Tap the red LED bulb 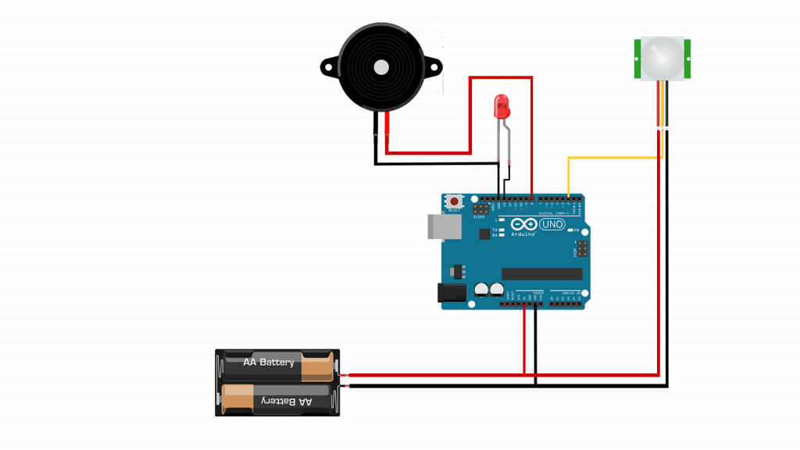click(x=502, y=105)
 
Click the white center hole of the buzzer click(x=380, y=67)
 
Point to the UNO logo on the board click(x=552, y=225)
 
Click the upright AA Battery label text click(x=269, y=362)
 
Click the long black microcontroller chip click(x=541, y=273)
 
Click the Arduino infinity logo click(x=523, y=224)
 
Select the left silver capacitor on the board click(x=481, y=289)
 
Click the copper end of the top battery click(x=316, y=367)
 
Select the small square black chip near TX click(x=484, y=234)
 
